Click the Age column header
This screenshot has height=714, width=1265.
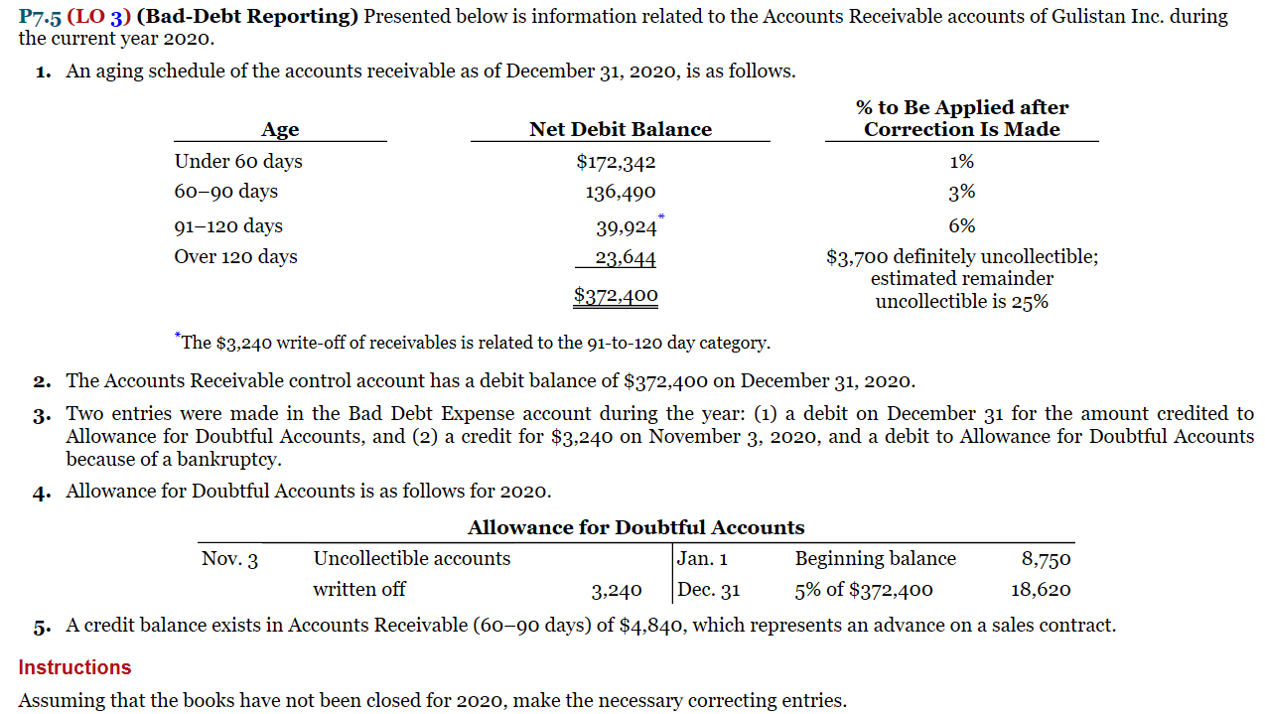[x=280, y=129]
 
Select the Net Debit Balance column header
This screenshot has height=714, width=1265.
[x=620, y=129]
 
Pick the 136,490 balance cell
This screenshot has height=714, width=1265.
[x=620, y=192]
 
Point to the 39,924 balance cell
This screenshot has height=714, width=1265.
[x=626, y=227]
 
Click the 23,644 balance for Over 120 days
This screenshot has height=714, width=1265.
[x=625, y=258]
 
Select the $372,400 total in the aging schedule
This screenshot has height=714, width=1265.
[x=616, y=295]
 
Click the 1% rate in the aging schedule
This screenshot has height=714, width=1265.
[x=961, y=162]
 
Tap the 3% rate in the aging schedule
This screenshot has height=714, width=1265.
[x=961, y=192]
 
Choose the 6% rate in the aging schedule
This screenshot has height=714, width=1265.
[x=961, y=226]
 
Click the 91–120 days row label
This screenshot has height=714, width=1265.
[x=228, y=226]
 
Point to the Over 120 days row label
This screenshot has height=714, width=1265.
[x=235, y=257]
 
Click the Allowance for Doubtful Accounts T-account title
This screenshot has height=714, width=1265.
[x=635, y=527]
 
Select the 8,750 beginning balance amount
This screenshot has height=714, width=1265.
[x=1046, y=559]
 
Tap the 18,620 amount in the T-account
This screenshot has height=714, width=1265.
[x=1041, y=590]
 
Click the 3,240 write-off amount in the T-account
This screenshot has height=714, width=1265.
[x=617, y=591]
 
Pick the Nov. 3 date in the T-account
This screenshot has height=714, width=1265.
[x=229, y=559]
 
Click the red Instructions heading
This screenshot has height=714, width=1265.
[x=74, y=667]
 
